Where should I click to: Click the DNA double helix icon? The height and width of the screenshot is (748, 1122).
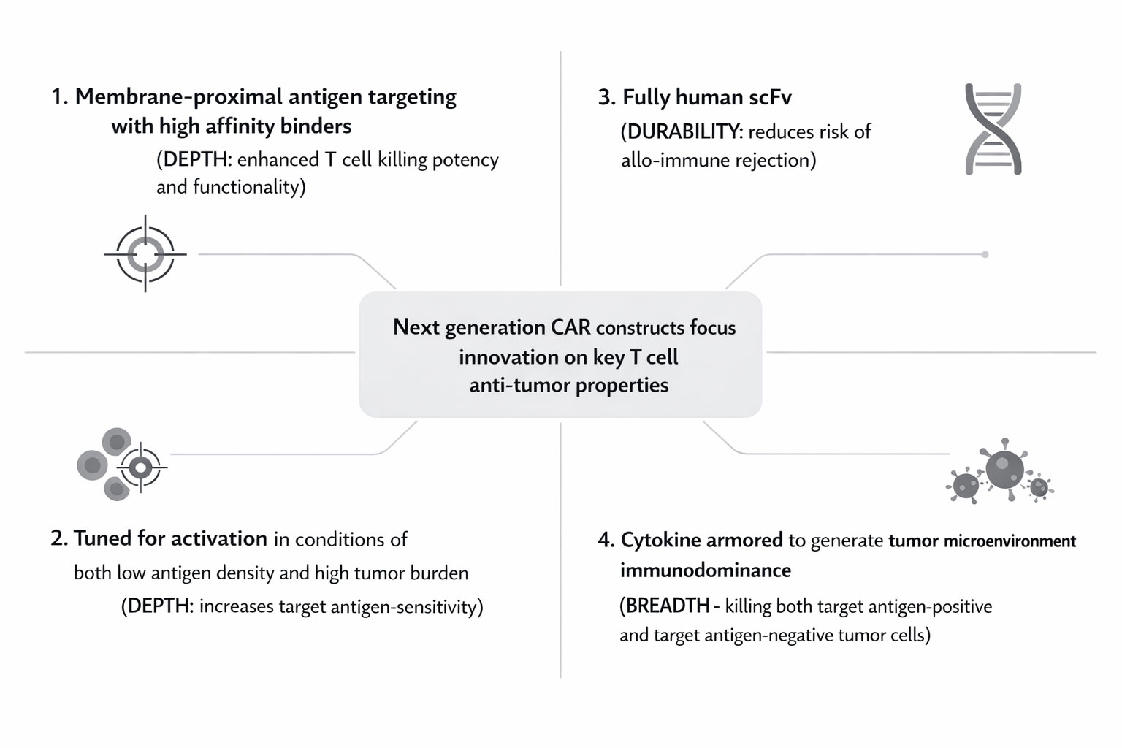(993, 129)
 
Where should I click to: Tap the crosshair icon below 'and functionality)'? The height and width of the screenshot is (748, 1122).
(145, 254)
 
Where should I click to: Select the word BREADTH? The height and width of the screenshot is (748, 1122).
(668, 606)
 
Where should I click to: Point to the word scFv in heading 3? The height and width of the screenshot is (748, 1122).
(769, 97)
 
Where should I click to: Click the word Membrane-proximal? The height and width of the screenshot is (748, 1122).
(178, 96)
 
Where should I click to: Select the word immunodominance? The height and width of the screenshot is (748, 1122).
(706, 570)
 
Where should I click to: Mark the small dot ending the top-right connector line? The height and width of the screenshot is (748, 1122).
(985, 254)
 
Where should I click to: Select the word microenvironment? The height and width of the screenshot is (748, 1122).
(1010, 541)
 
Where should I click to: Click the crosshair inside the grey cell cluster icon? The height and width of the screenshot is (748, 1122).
(141, 467)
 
